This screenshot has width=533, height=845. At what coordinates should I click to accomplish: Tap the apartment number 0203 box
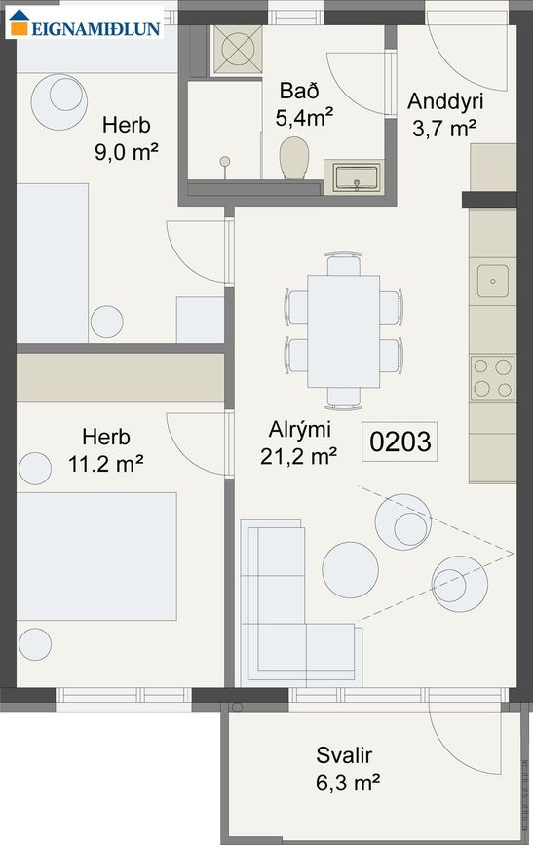click(x=400, y=442)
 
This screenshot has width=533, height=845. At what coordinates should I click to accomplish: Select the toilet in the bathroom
click(x=293, y=157)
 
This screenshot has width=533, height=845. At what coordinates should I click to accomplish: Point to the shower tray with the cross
click(x=234, y=47)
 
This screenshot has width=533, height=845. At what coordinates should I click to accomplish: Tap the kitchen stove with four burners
click(x=492, y=377)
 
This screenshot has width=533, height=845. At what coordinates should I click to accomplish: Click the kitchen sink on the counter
click(x=492, y=281)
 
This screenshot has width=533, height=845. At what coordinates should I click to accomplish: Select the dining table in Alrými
click(x=342, y=330)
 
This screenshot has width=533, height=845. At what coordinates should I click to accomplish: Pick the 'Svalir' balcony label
click(x=345, y=755)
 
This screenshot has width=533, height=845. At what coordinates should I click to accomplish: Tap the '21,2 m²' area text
click(x=299, y=453)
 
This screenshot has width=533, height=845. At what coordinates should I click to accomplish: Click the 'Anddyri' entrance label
click(x=445, y=101)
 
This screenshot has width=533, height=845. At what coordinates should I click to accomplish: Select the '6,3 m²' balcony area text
click(x=346, y=781)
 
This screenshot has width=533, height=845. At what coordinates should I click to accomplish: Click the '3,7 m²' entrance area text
click(x=444, y=127)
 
